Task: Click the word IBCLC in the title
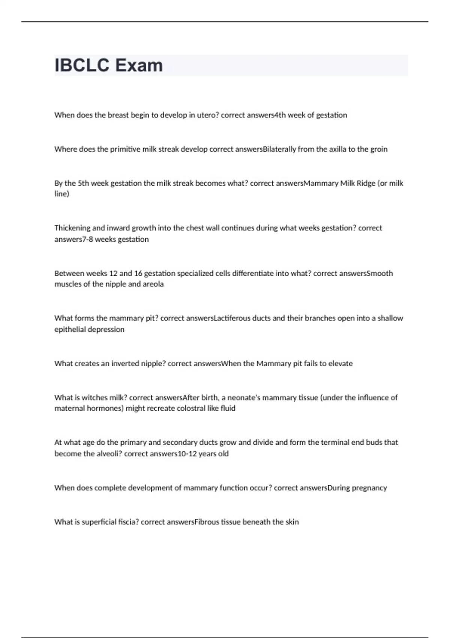pyautogui.click(x=82, y=66)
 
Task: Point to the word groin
pyautogui.click(x=379, y=149)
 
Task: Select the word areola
pyautogui.click(x=153, y=284)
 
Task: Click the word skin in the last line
pyautogui.click(x=292, y=522)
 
